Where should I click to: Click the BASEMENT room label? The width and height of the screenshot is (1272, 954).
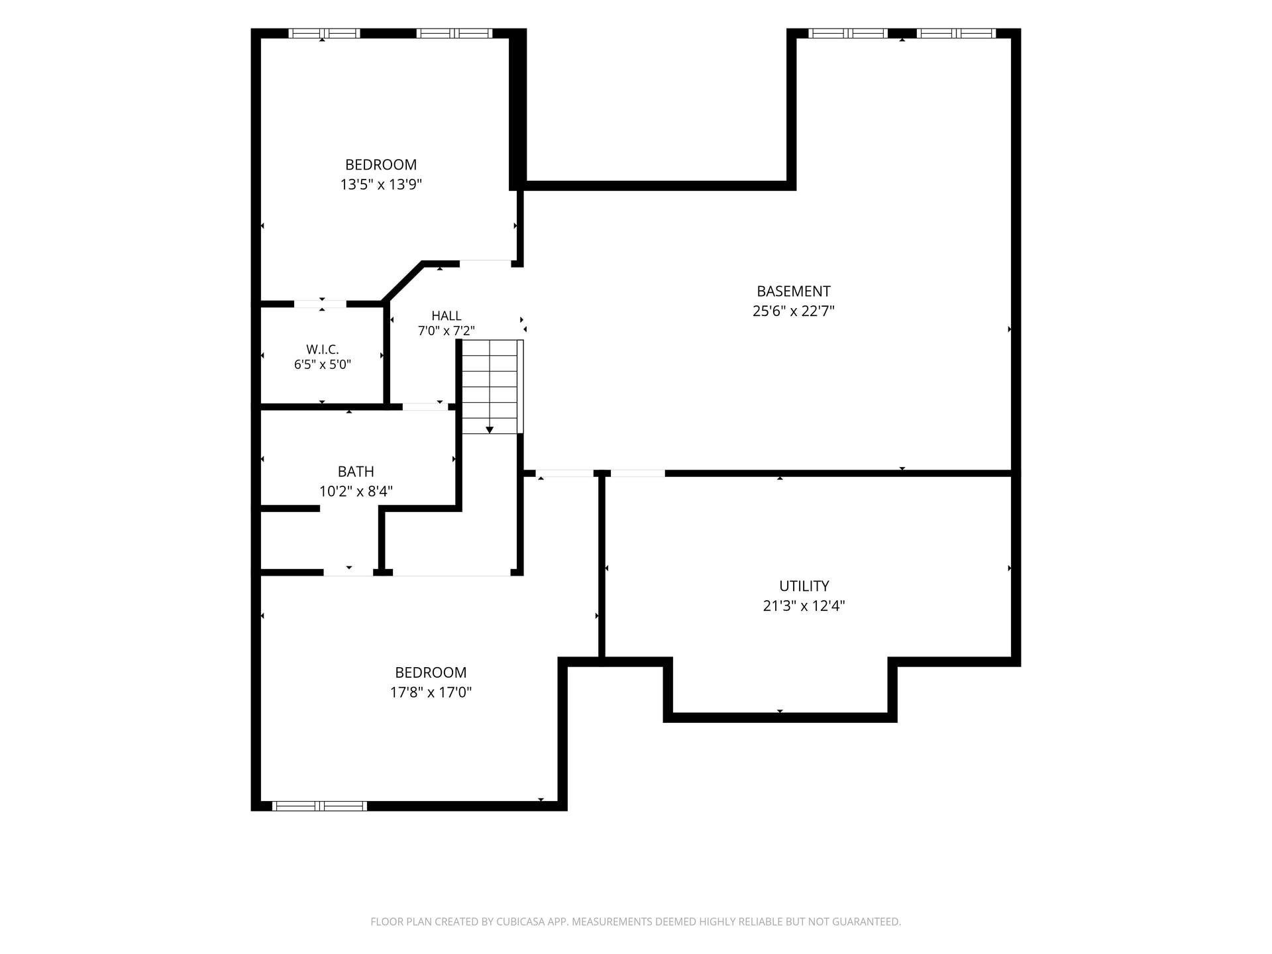pos(793,291)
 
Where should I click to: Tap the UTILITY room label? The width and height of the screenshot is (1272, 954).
pos(804,586)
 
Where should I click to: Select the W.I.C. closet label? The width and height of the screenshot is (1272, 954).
pos(323,349)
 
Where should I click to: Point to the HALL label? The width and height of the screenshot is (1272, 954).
pos(447,316)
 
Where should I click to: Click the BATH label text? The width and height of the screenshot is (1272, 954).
pos(356,472)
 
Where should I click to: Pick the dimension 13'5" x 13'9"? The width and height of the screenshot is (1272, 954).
pos(381,184)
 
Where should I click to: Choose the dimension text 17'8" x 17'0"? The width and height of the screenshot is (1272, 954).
pos(431,692)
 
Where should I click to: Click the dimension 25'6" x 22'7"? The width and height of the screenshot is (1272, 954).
pos(793,311)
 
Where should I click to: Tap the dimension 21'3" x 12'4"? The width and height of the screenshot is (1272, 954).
pos(804,606)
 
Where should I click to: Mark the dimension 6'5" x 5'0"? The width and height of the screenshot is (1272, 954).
pos(323,364)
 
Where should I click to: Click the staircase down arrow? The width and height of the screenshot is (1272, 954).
pos(490,430)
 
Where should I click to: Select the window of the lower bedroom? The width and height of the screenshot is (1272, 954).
pos(319,806)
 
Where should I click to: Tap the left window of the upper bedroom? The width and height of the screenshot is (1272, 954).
pos(325,33)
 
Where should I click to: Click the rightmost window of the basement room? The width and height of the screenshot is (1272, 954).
pos(956,33)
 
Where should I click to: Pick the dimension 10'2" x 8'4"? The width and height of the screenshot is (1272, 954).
pos(356,491)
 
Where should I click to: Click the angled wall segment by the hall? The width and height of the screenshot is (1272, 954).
pos(403,282)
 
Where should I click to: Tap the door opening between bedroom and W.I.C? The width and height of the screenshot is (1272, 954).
pos(320,304)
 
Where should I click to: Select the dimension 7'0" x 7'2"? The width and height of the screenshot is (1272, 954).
pos(447,331)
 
